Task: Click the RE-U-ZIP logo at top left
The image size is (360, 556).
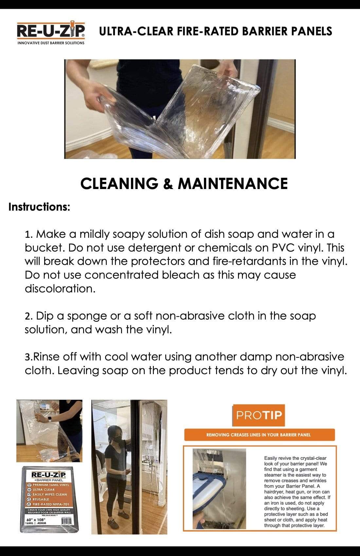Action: tap(51, 31)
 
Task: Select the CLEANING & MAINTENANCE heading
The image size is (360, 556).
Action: tap(184, 183)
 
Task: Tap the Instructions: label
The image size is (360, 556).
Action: tap(39, 207)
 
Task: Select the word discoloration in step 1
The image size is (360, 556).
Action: tap(60, 288)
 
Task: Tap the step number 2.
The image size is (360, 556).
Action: tap(28, 316)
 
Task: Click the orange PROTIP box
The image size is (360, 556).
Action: tap(259, 415)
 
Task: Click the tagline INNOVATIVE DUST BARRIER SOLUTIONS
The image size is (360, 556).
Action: tap(51, 43)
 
